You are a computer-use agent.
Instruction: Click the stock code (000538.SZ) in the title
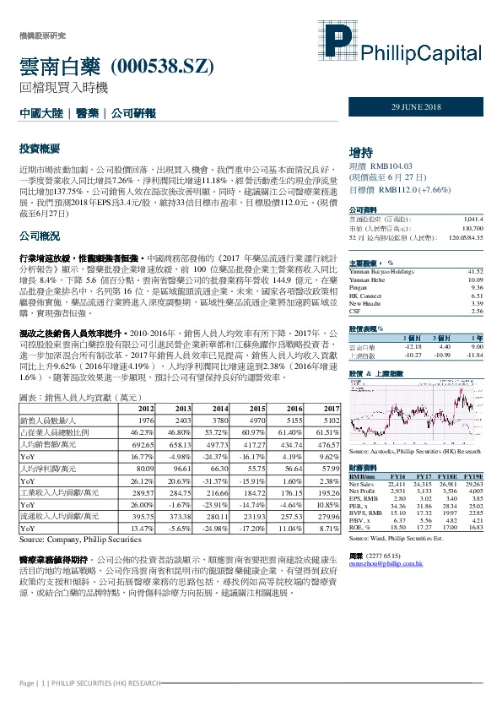tap(161, 66)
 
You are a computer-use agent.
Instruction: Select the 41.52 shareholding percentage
tap(474, 271)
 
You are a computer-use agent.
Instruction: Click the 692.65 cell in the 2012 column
tap(140, 444)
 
